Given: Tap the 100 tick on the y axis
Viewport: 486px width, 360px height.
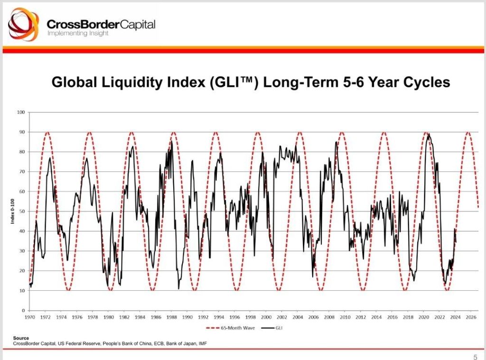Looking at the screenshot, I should [x=20, y=112].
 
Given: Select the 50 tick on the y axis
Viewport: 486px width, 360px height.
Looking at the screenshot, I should [x=21, y=211].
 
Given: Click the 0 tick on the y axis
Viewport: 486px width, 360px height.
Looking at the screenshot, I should [x=23, y=310].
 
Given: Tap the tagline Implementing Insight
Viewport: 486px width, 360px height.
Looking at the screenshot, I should [x=78, y=33].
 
